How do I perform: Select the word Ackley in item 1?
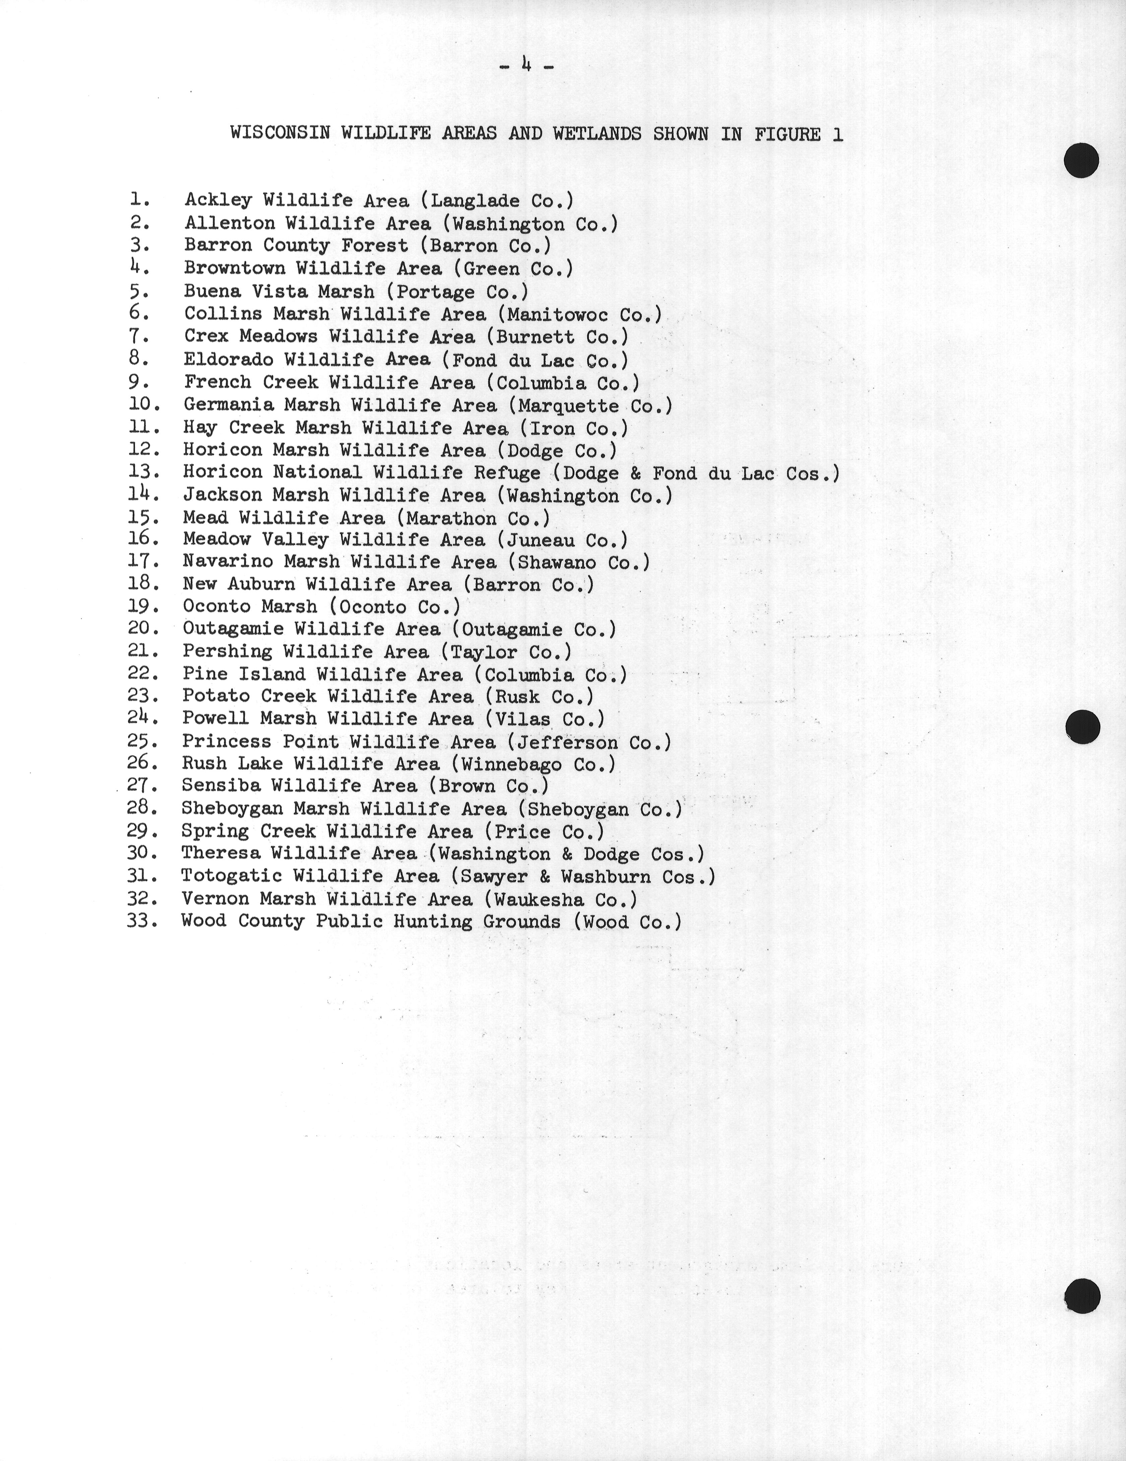pos(218,200)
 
